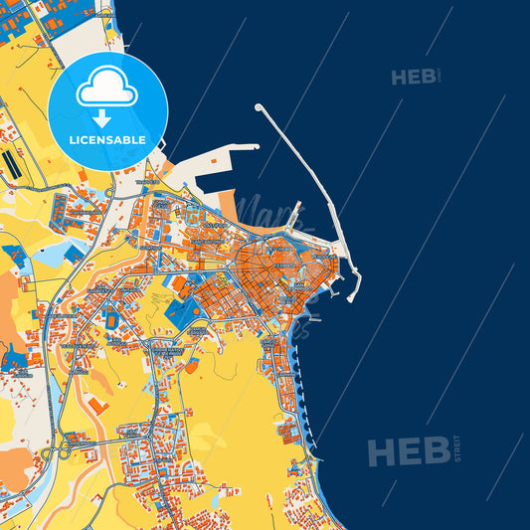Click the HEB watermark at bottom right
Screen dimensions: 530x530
point(409,451)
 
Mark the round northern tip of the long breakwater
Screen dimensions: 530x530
point(259,107)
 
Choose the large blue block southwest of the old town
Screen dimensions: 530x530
point(185,315)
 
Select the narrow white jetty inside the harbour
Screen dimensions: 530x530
point(295,210)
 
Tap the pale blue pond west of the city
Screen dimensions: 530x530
point(50,256)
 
